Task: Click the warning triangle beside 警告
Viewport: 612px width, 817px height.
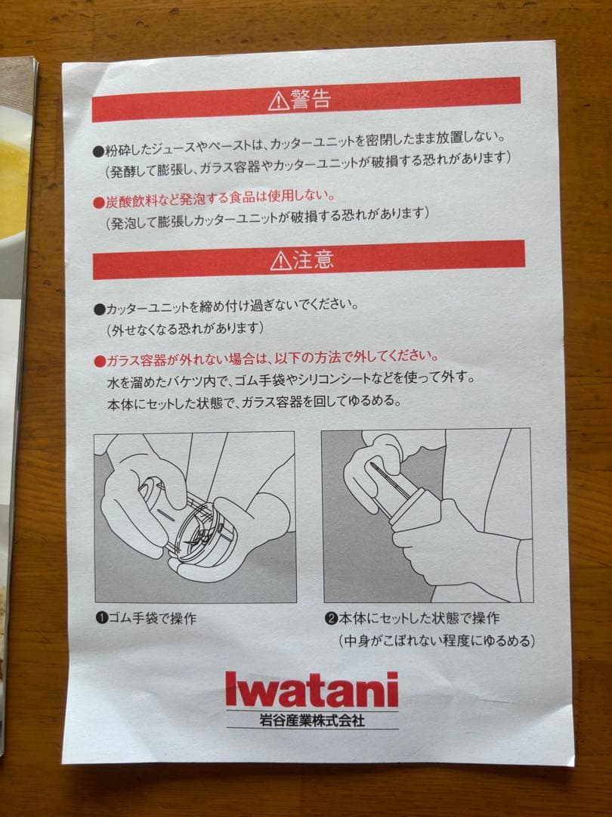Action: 278,101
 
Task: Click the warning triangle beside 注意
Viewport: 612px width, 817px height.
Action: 281,260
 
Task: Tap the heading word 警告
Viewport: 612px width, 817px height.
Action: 311,99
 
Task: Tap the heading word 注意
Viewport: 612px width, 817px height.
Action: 313,259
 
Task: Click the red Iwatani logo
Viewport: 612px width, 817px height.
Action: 312,689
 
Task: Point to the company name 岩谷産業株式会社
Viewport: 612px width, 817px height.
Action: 312,721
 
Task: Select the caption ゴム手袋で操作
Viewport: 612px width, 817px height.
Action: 152,619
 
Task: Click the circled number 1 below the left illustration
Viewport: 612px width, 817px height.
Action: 101,619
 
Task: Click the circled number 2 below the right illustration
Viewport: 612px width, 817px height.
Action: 331,619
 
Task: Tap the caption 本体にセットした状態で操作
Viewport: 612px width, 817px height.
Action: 419,618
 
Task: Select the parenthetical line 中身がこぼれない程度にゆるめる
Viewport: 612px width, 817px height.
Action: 437,641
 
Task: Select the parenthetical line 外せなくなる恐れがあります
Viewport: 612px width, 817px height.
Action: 185,329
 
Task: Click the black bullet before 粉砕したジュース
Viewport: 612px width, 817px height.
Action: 99,152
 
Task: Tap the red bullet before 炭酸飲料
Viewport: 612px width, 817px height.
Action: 99,203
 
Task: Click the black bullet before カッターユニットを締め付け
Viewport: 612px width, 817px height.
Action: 100,309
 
